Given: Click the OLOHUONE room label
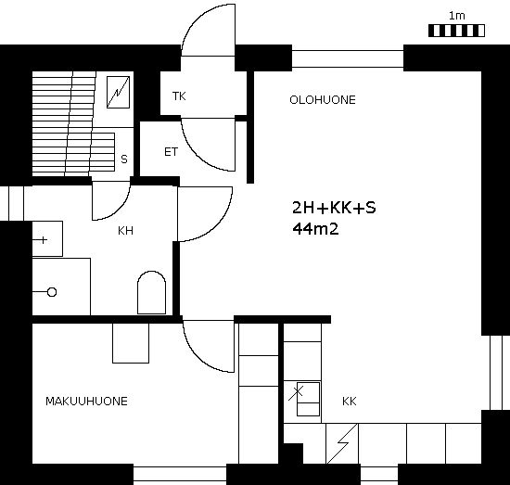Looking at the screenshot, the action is [x=323, y=100].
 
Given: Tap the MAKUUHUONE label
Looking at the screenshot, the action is [x=86, y=402].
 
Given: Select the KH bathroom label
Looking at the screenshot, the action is [x=125, y=231].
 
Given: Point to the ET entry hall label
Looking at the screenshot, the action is [x=172, y=152].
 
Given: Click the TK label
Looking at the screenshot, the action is [x=179, y=96].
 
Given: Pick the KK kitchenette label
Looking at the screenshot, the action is [x=350, y=402].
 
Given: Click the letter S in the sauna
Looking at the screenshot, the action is [x=124, y=160].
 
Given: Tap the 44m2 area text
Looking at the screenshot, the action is [x=315, y=229].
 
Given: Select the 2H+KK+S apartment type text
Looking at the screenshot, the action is [x=334, y=208].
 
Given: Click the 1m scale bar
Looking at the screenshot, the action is [x=456, y=31].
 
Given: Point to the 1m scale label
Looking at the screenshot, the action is [x=457, y=16].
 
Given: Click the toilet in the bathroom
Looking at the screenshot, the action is [x=151, y=292].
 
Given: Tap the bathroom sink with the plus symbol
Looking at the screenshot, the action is [x=47, y=238].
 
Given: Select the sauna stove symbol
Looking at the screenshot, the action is [x=119, y=92].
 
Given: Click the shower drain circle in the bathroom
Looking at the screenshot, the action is [x=52, y=292].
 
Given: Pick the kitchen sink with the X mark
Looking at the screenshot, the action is [x=308, y=399].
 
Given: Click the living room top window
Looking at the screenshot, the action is [x=348, y=58].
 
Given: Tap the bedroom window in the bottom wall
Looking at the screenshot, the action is [x=180, y=474].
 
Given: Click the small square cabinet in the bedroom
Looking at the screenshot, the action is [x=131, y=343].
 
